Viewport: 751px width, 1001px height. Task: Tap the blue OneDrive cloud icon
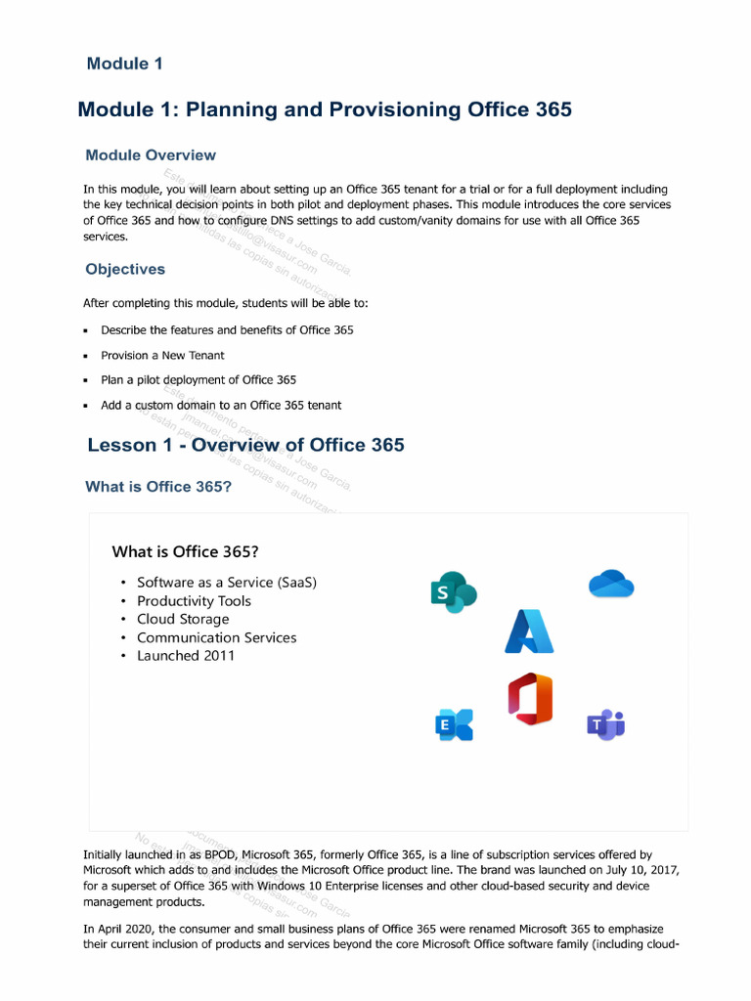tap(611, 584)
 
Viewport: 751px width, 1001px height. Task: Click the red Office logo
tap(530, 700)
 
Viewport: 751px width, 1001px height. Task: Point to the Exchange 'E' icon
tap(454, 724)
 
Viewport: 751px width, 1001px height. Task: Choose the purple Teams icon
tap(605, 724)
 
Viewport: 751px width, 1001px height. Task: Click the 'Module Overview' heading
tap(151, 155)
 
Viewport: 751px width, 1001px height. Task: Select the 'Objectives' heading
tap(125, 269)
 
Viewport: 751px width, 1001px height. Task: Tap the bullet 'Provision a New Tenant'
tap(162, 355)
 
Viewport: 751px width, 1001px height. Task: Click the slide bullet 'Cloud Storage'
tap(183, 619)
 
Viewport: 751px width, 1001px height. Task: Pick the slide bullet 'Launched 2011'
tap(186, 656)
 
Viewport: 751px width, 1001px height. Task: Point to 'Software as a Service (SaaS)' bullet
tap(227, 583)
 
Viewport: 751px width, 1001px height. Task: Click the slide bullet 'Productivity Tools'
tap(194, 601)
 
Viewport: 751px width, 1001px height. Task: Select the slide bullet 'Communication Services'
tap(216, 637)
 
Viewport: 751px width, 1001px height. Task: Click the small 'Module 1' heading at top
tap(124, 65)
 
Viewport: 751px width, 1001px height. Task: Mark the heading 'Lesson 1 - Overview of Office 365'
tap(245, 446)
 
